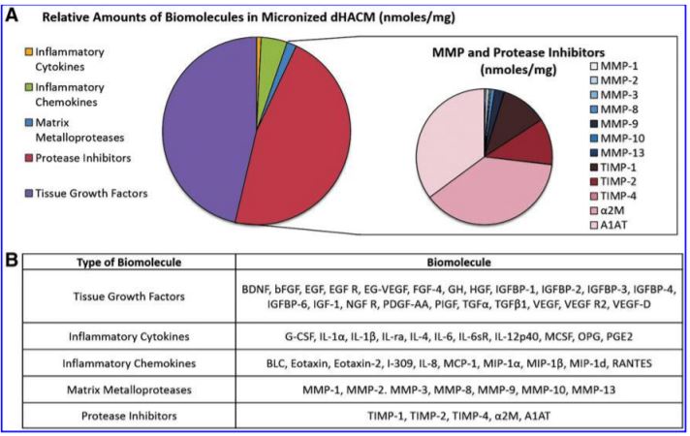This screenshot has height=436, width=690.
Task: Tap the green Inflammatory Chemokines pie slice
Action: click(273, 52)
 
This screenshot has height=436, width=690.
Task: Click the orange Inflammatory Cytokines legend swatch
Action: click(29, 52)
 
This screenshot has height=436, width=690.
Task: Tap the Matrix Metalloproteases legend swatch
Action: click(29, 122)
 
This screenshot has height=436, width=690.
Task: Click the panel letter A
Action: click(11, 16)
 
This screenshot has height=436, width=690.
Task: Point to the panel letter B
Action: click(11, 260)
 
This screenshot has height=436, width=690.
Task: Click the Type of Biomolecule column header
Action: click(129, 263)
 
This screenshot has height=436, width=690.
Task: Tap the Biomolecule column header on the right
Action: click(459, 263)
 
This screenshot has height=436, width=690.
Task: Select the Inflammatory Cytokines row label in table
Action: click(129, 336)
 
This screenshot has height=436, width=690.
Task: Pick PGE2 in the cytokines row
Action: click(619, 336)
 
